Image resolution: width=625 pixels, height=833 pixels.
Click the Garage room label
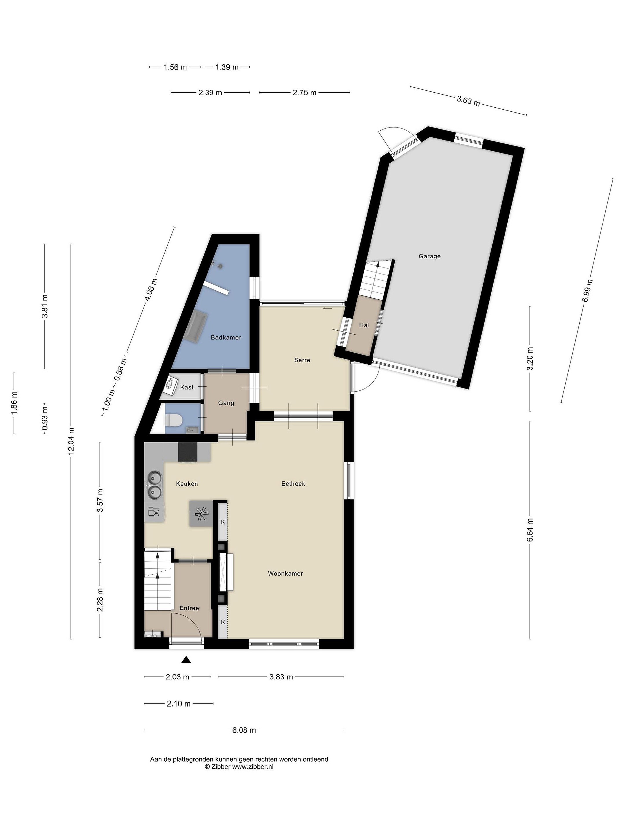tap(429, 257)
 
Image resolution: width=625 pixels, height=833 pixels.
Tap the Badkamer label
tap(226, 338)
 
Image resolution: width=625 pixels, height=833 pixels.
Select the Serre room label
tap(302, 360)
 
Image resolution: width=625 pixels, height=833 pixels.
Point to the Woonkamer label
tap(286, 574)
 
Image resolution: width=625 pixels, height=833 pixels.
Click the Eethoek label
tap(293, 484)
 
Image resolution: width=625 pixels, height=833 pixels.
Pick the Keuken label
tap(187, 484)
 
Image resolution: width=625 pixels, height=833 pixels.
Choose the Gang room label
tap(226, 403)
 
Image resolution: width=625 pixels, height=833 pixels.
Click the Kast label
tap(187, 387)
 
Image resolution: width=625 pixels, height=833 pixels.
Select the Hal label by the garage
tap(364, 325)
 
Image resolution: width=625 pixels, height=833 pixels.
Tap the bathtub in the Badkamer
tap(197, 327)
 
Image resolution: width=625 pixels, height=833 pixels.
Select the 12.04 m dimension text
tap(71, 441)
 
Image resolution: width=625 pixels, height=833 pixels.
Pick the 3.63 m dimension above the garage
tap(468, 101)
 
